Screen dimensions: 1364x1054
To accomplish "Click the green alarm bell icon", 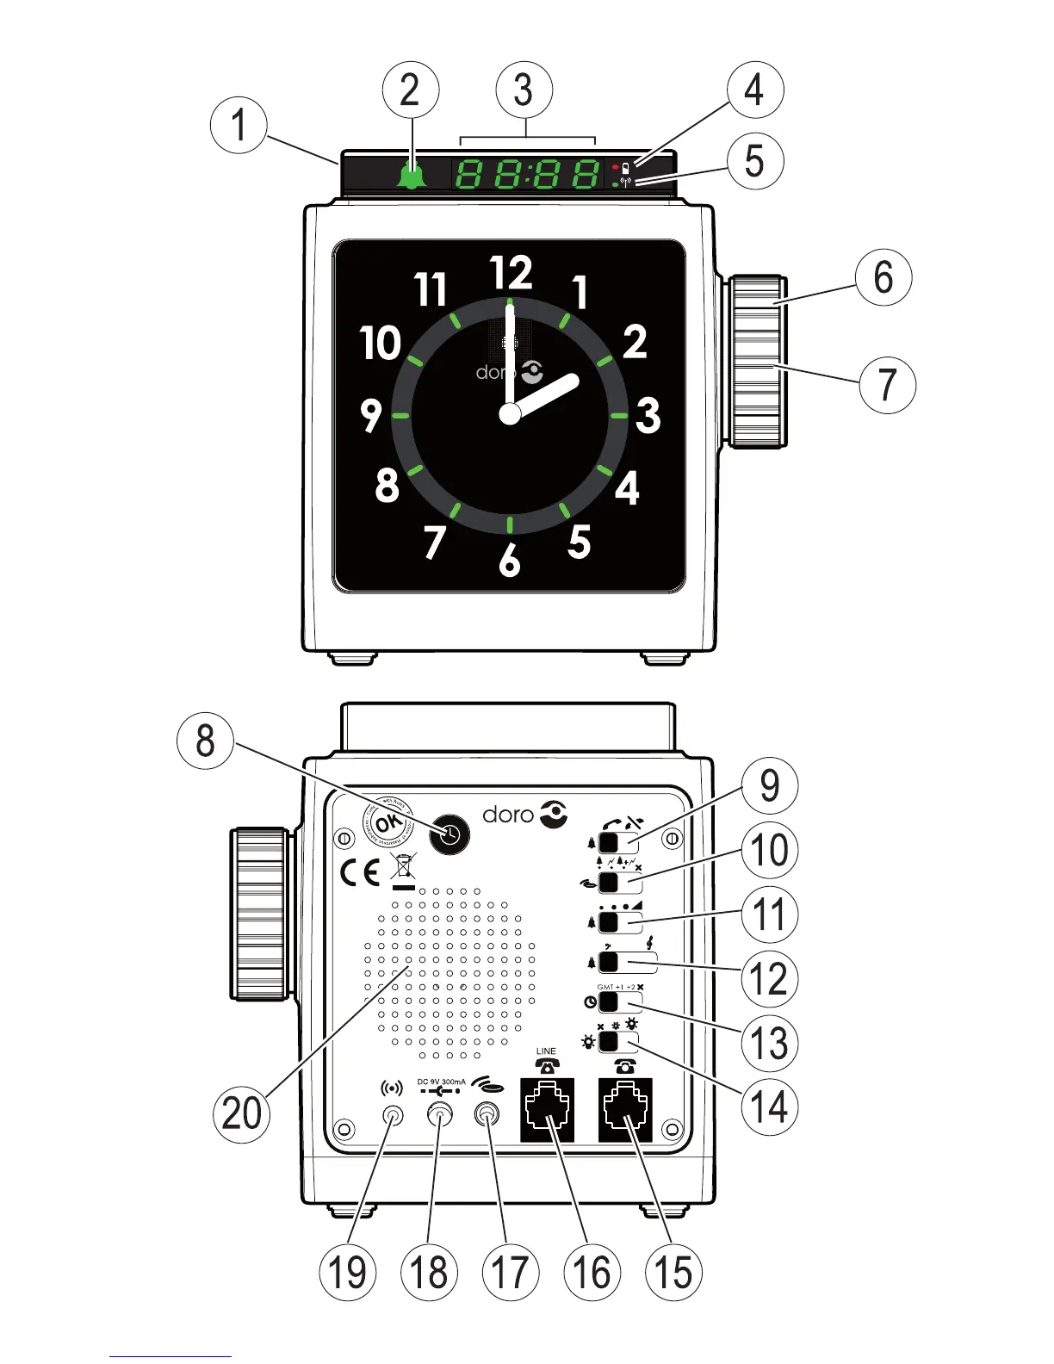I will tap(412, 176).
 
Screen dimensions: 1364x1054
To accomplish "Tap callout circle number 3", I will tap(524, 90).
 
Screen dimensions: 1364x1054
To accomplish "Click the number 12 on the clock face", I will tap(512, 274).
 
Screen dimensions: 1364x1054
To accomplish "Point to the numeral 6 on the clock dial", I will tap(510, 561).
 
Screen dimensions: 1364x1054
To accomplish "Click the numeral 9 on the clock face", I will tap(371, 415).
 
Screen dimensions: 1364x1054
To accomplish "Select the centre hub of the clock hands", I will tap(510, 414).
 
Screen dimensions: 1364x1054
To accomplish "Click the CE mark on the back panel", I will tap(360, 873).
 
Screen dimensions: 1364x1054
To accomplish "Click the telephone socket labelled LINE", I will tap(548, 1110).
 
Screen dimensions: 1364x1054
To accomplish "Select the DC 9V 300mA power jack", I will tap(440, 1116).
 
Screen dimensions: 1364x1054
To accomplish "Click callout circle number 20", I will tap(242, 1113).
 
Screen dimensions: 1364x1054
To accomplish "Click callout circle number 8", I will tap(205, 741).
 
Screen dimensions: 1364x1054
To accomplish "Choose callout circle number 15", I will tap(673, 1272).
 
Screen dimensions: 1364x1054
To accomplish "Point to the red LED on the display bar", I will tap(615, 166).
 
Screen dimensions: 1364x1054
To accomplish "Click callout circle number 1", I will tap(239, 125).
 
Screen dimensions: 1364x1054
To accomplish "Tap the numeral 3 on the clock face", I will tap(648, 415).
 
